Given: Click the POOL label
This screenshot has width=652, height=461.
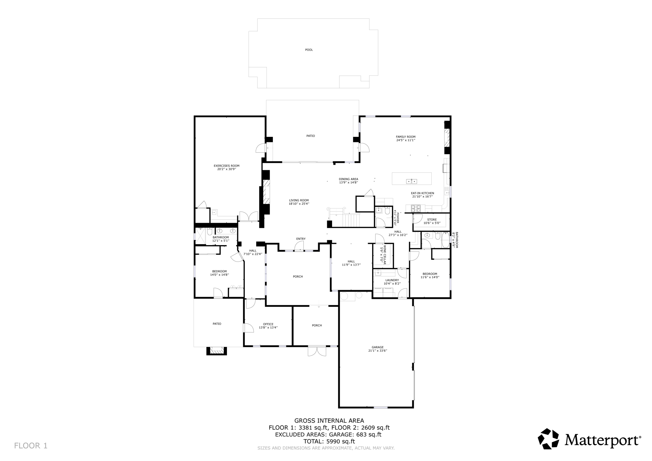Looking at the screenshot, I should point(309,50).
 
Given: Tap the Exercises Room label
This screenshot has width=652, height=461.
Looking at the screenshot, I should point(226,166).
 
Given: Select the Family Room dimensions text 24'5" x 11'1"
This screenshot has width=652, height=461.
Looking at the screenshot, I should point(406,140).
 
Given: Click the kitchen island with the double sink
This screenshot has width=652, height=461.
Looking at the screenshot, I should point(411,179).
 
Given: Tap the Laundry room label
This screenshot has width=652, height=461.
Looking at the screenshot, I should point(392,280).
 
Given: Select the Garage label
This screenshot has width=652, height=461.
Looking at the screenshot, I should point(378,347).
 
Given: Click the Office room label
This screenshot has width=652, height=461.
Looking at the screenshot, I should point(268,324).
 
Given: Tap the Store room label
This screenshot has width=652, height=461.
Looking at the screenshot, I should point(432,220).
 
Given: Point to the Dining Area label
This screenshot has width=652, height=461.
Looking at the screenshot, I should point(348,179).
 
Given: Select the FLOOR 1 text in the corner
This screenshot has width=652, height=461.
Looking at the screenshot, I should point(31,446).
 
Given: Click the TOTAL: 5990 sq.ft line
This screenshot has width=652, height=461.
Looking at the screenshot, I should point(329,441).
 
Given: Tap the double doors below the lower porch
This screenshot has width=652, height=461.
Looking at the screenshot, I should point(317,351).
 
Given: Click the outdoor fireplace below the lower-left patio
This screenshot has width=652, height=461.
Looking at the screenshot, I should point(217,351).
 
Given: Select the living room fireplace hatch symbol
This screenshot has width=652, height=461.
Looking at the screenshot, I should point(266,192).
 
